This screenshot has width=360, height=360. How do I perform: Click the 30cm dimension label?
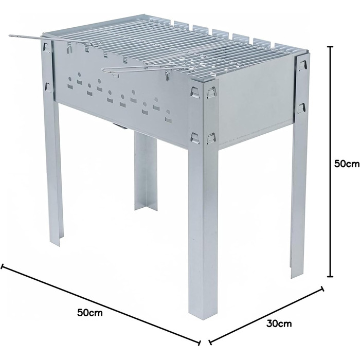(x=279, y=323)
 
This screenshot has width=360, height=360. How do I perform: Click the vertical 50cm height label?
(x=347, y=164)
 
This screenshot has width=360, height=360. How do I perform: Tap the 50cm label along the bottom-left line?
(x=90, y=313)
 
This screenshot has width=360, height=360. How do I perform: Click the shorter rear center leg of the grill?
(x=146, y=170)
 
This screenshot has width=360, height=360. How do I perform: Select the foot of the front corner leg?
(x=203, y=316)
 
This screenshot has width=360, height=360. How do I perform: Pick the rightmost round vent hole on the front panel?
(x=168, y=112)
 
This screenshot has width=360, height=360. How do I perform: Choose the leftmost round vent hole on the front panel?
(x=70, y=79)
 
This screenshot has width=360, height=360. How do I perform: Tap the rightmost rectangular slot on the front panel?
(x=169, y=120)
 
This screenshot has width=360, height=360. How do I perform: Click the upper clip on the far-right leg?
(x=302, y=65)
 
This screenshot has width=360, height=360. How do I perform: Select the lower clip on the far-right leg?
(x=301, y=108)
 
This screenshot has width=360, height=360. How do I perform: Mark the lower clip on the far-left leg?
(x=48, y=88)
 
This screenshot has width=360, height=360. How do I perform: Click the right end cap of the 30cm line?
(x=322, y=289)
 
